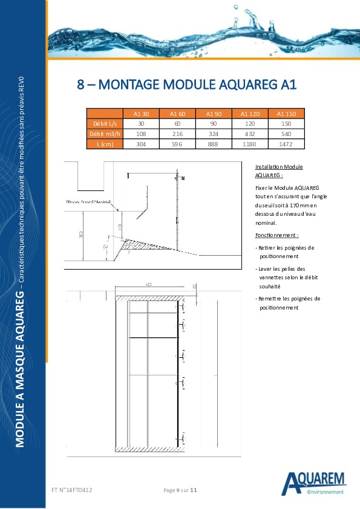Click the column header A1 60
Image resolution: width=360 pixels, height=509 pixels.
pos(177,114)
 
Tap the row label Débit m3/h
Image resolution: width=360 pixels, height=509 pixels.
pos(105,134)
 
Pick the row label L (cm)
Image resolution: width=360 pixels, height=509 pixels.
pos(105,144)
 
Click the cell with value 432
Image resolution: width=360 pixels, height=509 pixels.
pos(250,134)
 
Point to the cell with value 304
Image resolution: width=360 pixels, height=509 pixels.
pos(141,144)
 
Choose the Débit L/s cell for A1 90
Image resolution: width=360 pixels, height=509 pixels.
pos(214,123)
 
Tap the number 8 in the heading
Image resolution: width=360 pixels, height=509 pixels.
pos(80,85)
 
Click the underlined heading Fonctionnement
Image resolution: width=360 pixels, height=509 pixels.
pos(277,235)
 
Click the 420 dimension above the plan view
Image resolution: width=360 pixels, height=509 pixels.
pos(149,284)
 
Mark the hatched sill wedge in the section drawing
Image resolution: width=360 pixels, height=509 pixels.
pos(145,244)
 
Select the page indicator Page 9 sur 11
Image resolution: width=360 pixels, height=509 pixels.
pos(181,490)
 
